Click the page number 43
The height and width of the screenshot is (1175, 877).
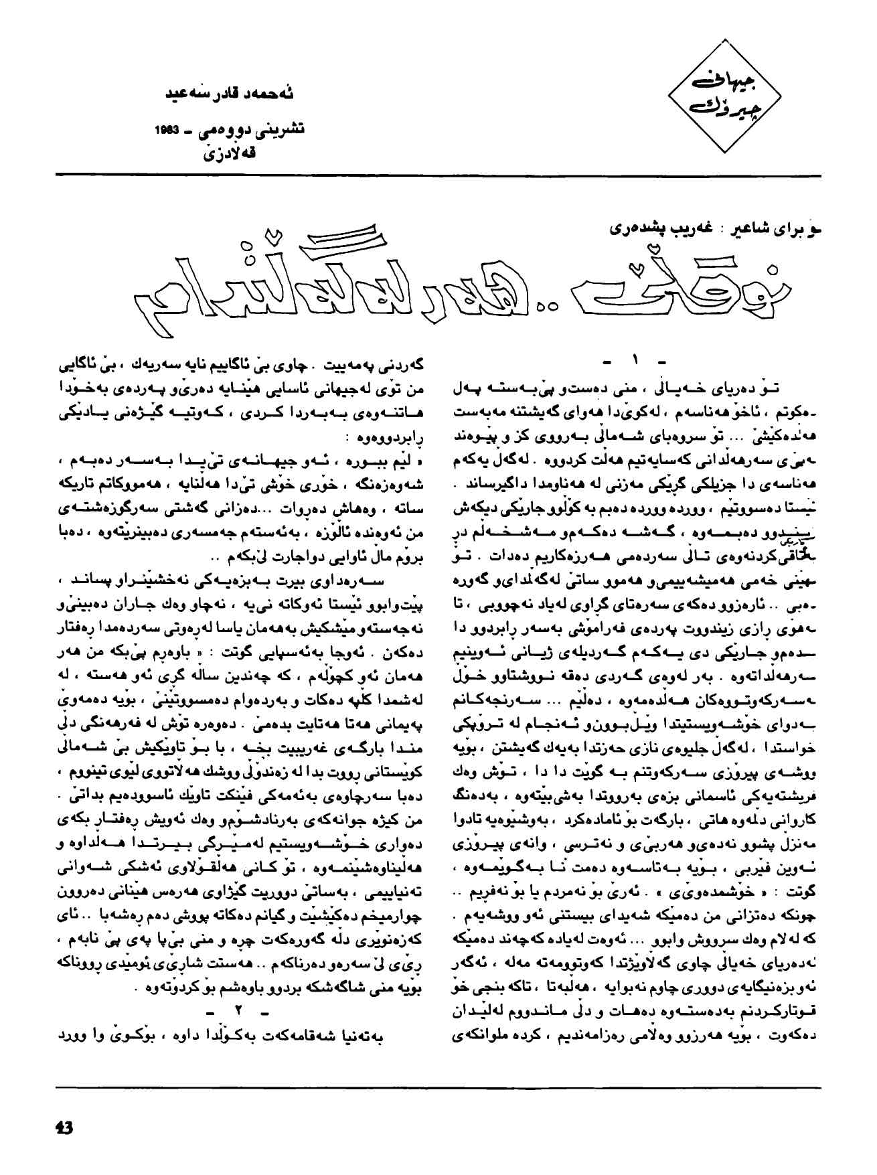[x=64, y=1126]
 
